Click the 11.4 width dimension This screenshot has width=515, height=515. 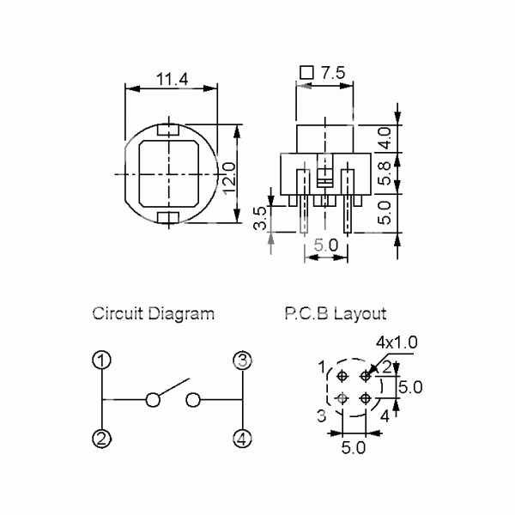pyautogui.click(x=173, y=79)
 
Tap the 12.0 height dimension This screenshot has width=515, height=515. pyautogui.click(x=229, y=178)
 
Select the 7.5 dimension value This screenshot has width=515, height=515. pyautogui.click(x=333, y=73)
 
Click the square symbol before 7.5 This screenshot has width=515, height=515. pyautogui.click(x=306, y=73)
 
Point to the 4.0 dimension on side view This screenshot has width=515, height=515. pyautogui.click(x=385, y=138)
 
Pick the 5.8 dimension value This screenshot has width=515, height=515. pyautogui.click(x=385, y=173)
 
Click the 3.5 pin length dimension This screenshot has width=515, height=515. pyautogui.click(x=261, y=218)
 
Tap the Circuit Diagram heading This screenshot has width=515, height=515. pyautogui.click(x=153, y=313)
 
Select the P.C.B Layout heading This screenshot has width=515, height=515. pyautogui.click(x=336, y=313)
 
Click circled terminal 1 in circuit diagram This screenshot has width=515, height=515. pyautogui.click(x=102, y=360)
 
